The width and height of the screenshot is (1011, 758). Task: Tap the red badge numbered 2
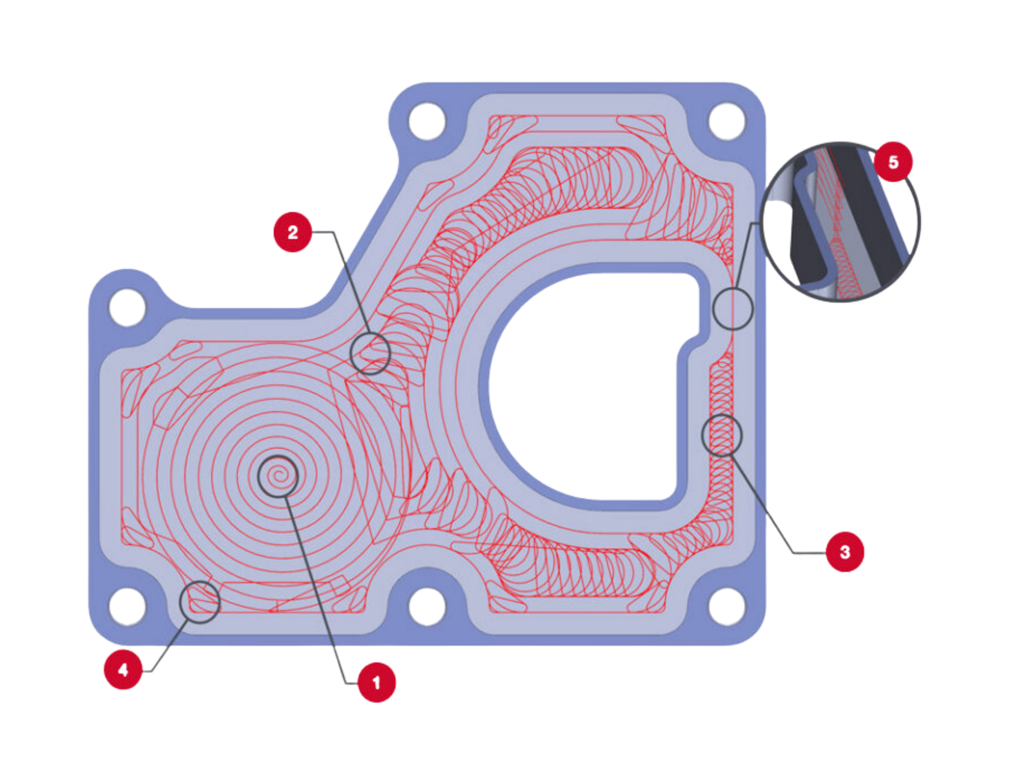tap(293, 232)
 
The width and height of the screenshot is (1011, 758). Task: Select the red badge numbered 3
tap(845, 552)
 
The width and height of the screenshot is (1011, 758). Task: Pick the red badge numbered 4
tap(123, 670)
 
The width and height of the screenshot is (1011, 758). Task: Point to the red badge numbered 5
tap(893, 162)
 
